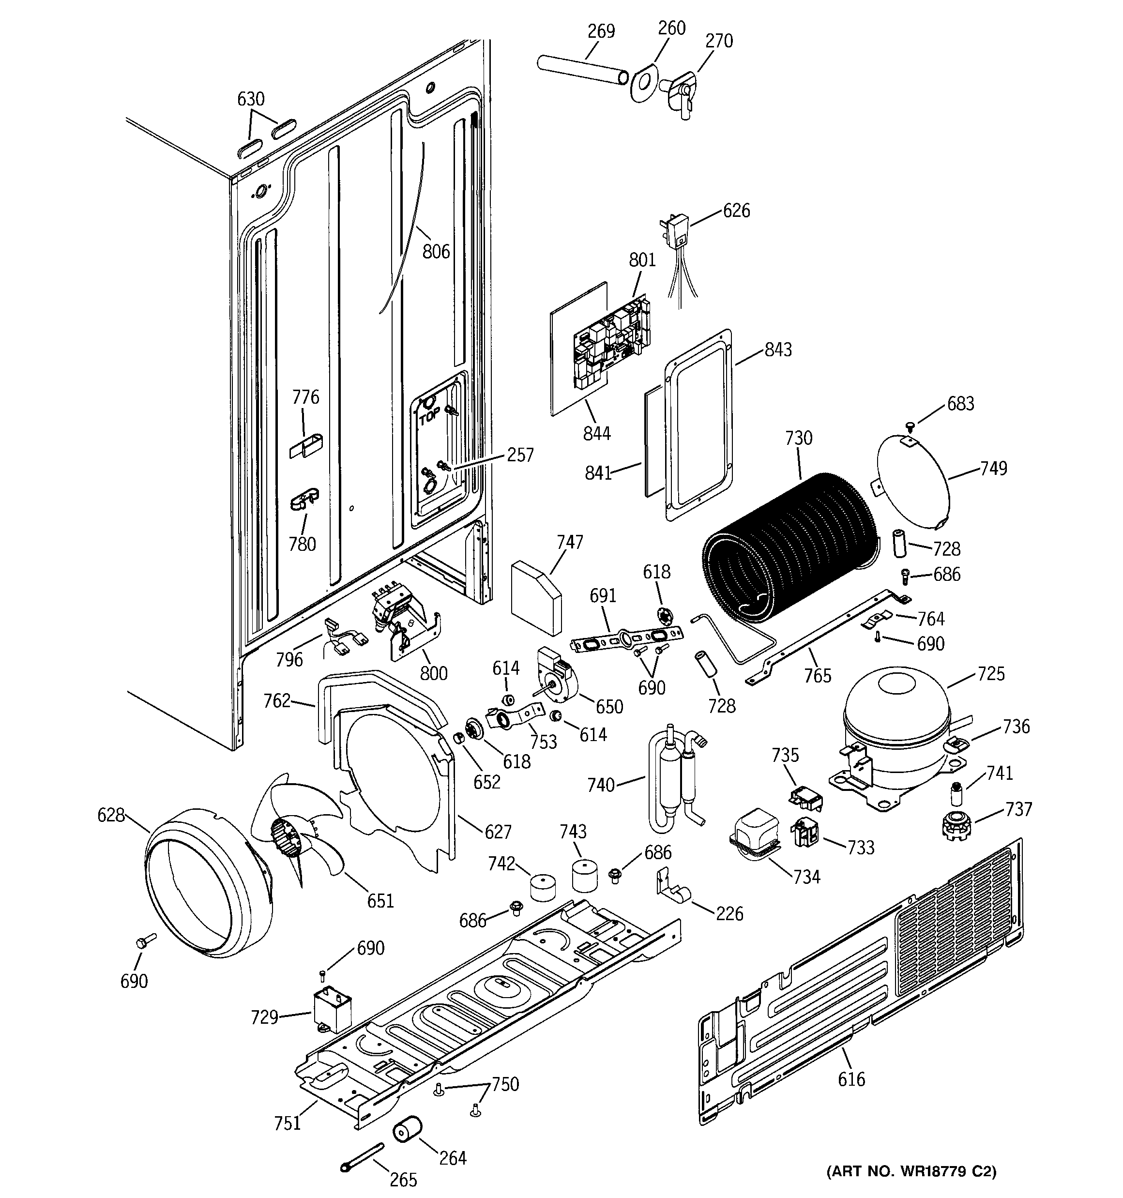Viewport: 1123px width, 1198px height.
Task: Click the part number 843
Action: tap(777, 349)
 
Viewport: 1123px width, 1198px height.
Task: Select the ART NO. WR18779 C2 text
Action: tap(910, 1171)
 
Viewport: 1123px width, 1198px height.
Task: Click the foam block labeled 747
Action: tap(535, 597)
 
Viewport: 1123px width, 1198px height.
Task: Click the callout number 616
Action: tap(851, 1078)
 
